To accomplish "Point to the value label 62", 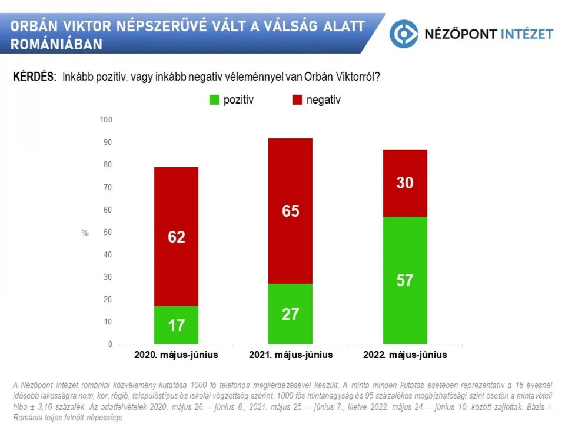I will click(x=176, y=237).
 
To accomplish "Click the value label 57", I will click(x=405, y=280).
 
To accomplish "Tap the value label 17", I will click(x=176, y=324).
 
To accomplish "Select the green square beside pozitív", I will click(x=214, y=100).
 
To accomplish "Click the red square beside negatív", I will click(x=297, y=100).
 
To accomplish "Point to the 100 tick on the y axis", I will click(x=106, y=120).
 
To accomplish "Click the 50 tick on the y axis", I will click(x=108, y=233).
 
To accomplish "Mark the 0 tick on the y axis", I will click(x=109, y=344).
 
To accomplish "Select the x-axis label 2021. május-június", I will click(x=291, y=355).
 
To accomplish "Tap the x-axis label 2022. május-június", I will click(x=405, y=355).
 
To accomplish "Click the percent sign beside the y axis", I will click(x=85, y=233).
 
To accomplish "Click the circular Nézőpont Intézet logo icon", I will click(x=403, y=34).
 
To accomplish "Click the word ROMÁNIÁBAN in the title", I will click(x=56, y=44).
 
